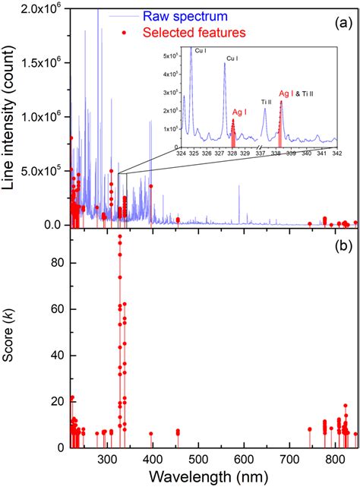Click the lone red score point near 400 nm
click(x=151, y=434)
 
